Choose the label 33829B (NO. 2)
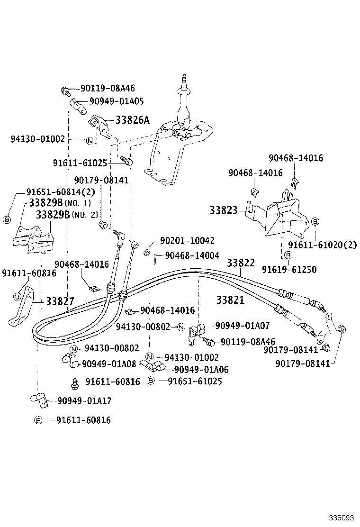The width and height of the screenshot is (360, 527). [x=66, y=215]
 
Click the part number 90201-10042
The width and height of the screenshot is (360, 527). [x=187, y=241]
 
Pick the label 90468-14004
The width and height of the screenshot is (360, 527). [x=192, y=255]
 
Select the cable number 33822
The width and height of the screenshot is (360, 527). [x=241, y=263]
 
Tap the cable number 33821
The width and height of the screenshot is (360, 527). [x=230, y=300]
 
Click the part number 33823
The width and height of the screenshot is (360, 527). [x=224, y=209]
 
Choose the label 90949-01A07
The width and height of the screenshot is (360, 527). [x=242, y=326]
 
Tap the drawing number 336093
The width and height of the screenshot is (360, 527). [x=342, y=517]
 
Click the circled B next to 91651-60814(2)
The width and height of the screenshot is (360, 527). [x=7, y=219]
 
